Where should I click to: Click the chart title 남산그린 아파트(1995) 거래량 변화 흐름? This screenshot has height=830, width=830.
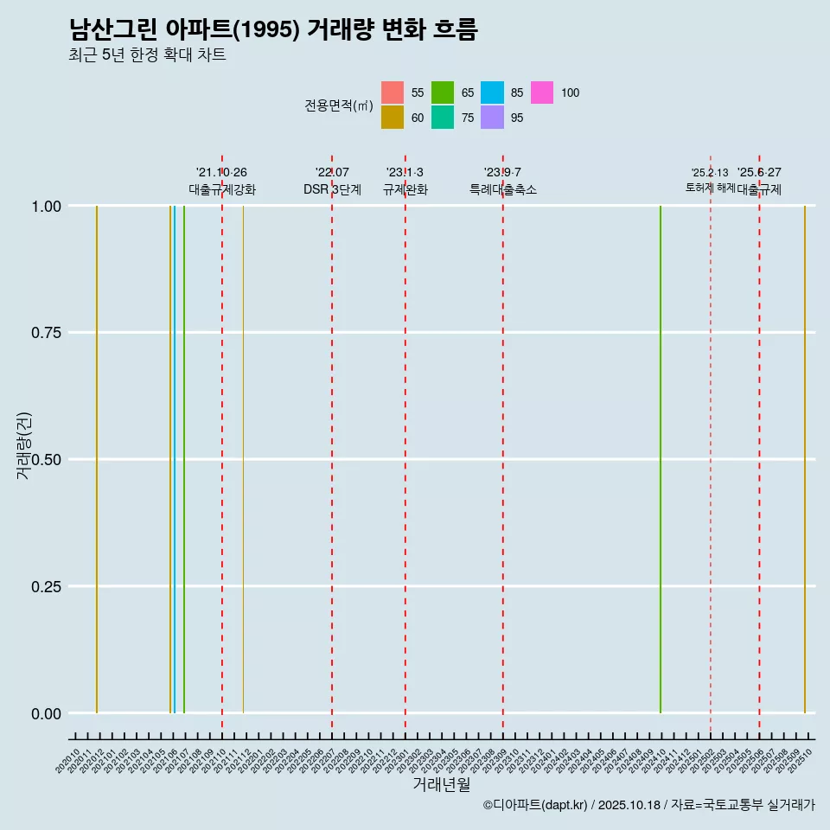point(273,29)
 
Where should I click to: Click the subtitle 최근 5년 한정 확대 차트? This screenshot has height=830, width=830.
point(147,55)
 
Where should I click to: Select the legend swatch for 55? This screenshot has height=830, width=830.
point(393,93)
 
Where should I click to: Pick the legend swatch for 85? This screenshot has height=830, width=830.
point(492,93)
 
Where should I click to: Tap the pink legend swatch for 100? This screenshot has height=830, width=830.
point(542,93)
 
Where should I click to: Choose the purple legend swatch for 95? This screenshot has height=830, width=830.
point(492,118)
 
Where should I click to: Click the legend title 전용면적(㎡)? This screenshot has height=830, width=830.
point(339,105)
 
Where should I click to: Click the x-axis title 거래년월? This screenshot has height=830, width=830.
point(441,785)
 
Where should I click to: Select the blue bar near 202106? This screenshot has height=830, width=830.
point(175,458)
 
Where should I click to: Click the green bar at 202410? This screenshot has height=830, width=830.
point(661,458)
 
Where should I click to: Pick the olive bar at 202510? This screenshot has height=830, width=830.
point(805,458)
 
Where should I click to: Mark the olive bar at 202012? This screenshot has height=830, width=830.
point(97,458)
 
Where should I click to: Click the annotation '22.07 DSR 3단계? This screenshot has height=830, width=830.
point(332,182)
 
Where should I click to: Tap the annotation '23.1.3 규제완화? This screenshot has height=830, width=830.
point(405,182)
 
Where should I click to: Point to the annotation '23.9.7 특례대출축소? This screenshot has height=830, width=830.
point(502,182)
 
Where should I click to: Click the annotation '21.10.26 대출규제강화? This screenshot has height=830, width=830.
point(222,182)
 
